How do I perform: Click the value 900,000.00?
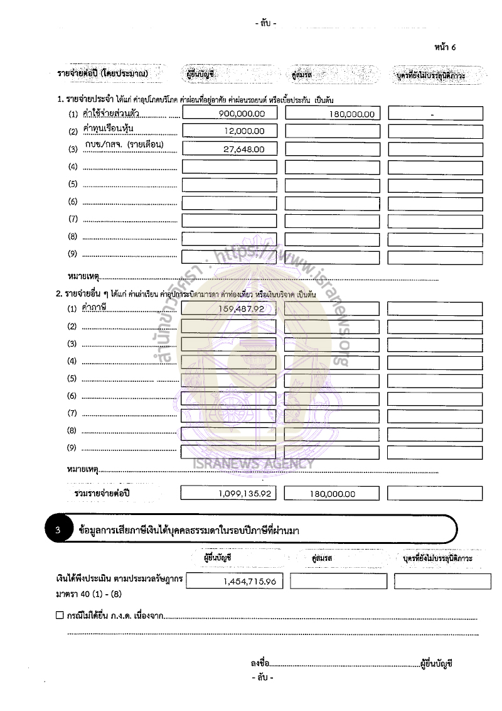(242, 114)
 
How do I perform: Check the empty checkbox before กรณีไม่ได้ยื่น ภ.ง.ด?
(60, 616)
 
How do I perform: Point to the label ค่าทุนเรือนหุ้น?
(108, 129)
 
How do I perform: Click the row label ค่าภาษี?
(95, 307)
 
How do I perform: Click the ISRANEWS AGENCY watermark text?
(254, 464)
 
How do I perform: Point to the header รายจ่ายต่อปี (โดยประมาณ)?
(102, 73)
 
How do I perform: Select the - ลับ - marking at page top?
(266, 23)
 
